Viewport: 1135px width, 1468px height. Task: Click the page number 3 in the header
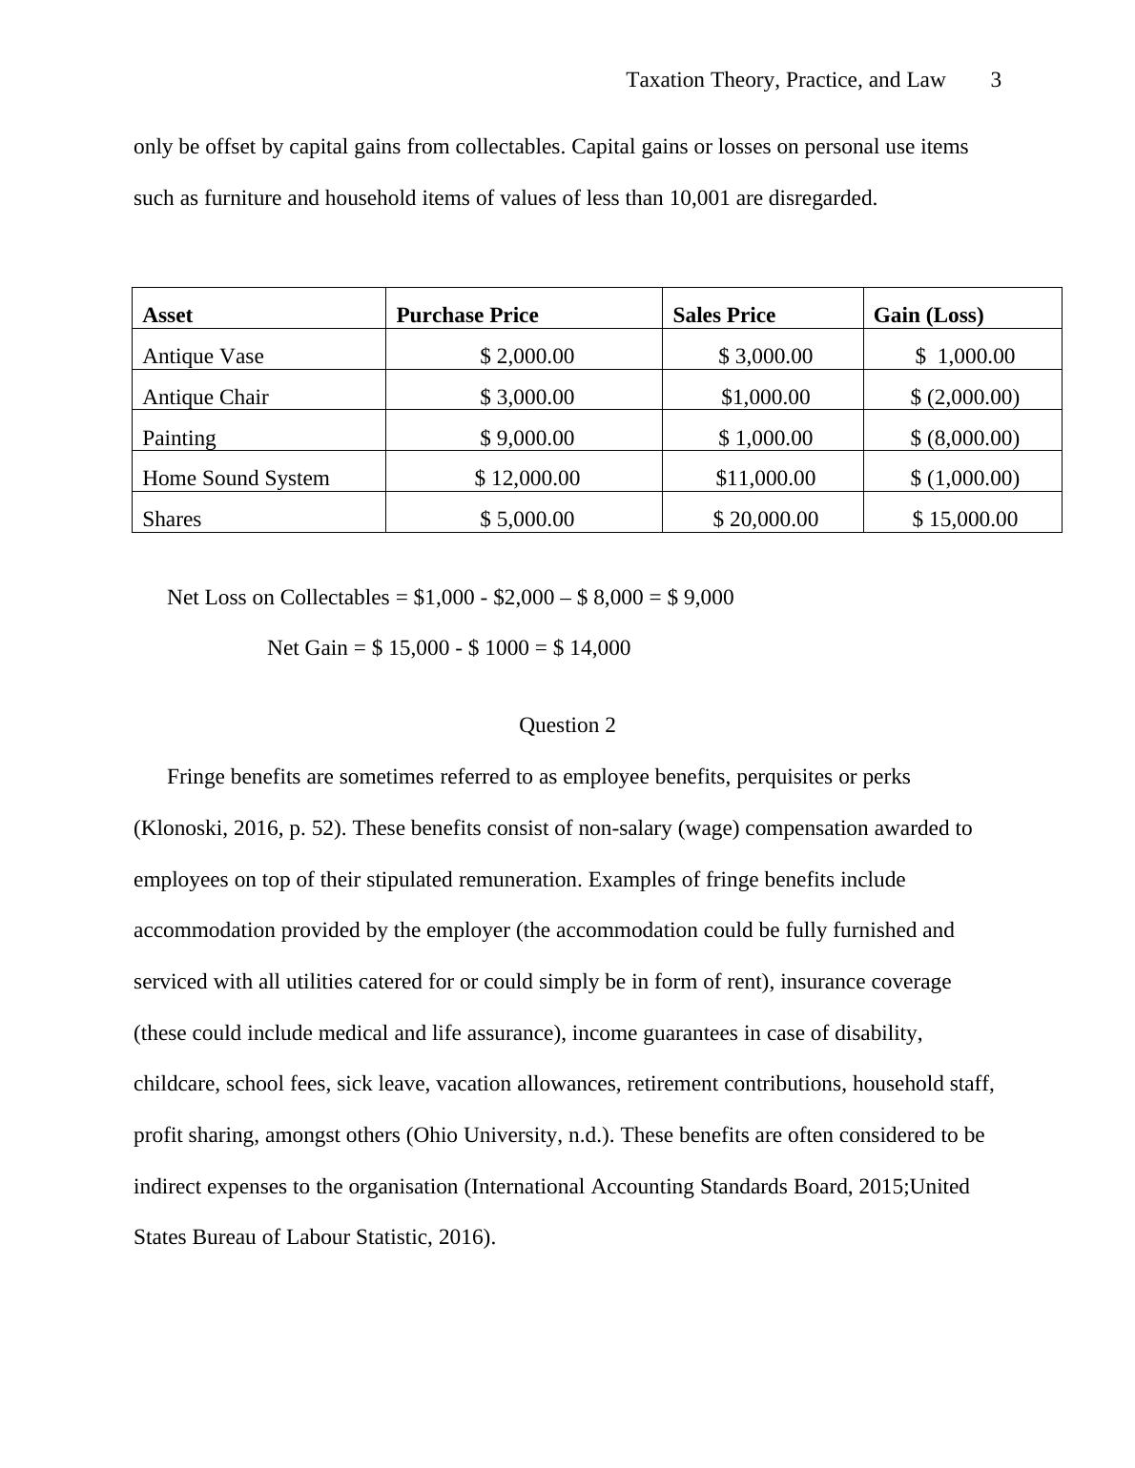(996, 80)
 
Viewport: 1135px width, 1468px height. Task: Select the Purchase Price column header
(466, 316)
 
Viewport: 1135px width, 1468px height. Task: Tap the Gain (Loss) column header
(928, 316)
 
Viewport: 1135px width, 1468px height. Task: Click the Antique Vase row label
(203, 357)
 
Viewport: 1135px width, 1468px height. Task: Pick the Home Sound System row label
(236, 479)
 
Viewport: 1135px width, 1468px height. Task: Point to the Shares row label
(172, 520)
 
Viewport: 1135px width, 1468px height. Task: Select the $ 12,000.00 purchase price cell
(526, 479)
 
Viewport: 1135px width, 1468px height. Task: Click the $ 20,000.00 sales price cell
(765, 520)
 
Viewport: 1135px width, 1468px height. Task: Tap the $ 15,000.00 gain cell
(964, 520)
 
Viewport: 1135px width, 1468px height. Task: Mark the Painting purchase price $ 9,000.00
(526, 438)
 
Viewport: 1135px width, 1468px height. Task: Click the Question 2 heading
(567, 725)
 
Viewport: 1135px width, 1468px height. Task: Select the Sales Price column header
(724, 316)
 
